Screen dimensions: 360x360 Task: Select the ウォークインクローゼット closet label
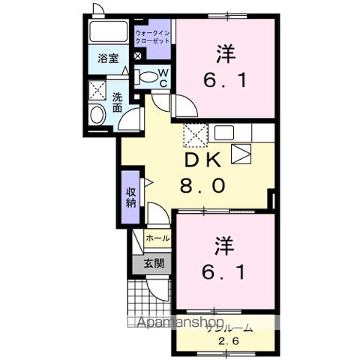pos(153,36)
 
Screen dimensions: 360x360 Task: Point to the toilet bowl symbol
pos(148,75)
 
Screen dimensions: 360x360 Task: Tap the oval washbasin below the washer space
pos(97,115)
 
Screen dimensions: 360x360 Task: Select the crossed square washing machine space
pos(98,89)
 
